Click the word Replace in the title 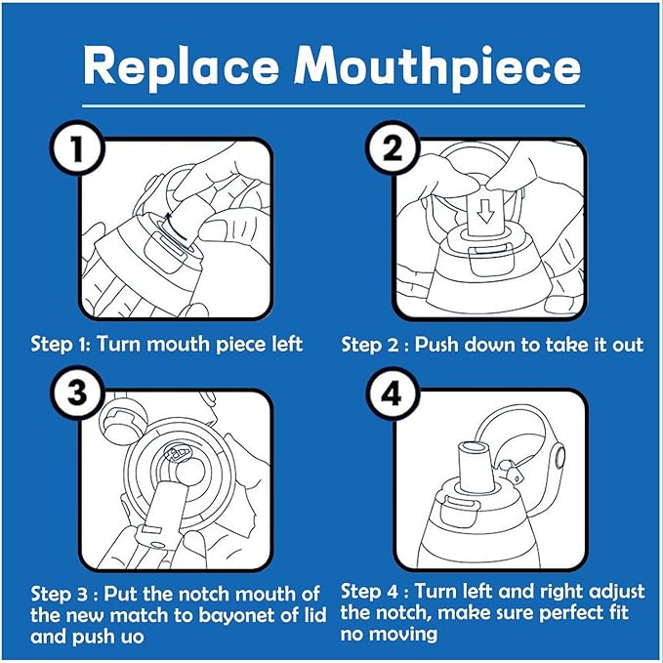pos(182,66)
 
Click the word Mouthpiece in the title pos(437,67)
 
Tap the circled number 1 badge pos(77,148)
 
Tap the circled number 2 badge pos(392,148)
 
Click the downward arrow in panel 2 pos(485,211)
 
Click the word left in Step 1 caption pos(287,344)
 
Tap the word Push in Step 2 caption pos(436,344)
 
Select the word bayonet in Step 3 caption pos(241,615)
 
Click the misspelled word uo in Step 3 pos(133,637)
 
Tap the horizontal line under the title pos(334,105)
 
